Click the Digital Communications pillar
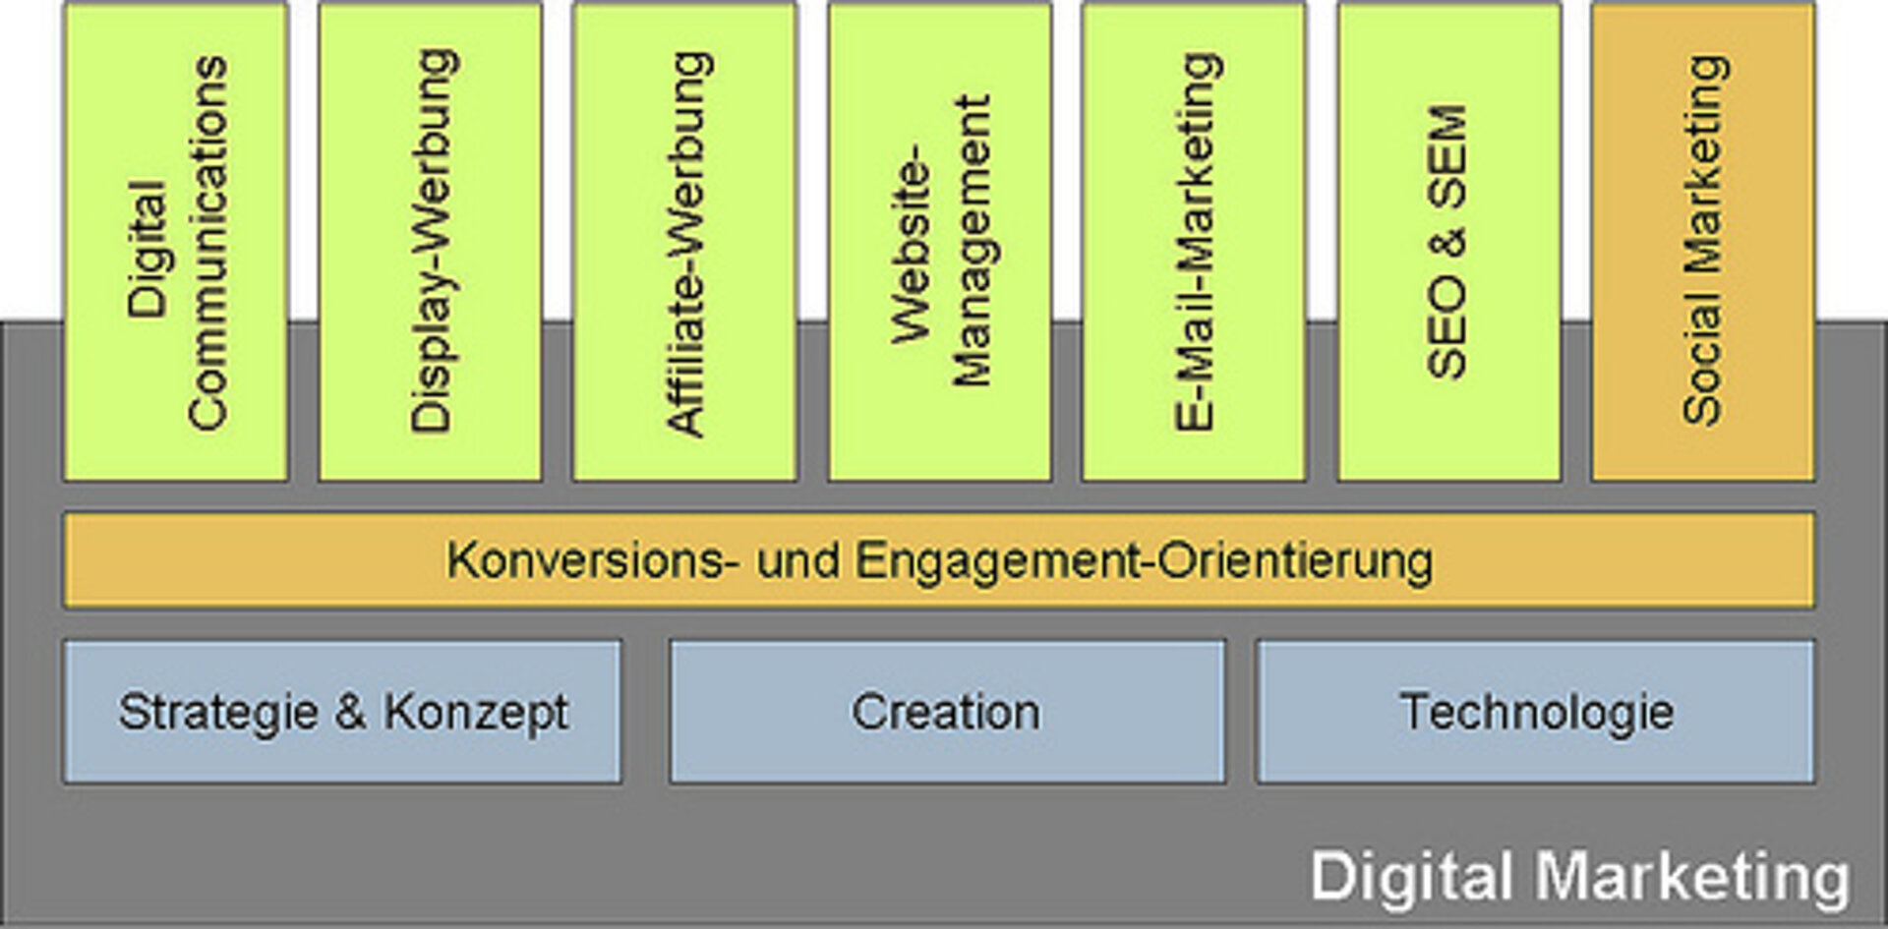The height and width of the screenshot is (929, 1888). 176,241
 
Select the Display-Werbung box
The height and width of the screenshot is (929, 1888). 431,241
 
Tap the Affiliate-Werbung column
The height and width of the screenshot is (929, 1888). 685,241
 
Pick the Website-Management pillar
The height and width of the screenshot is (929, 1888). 940,241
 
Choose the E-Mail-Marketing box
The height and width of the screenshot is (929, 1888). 1195,241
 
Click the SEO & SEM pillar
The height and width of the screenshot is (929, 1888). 1449,241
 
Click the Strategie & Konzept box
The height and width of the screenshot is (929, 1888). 342,712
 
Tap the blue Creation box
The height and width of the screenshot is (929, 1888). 948,712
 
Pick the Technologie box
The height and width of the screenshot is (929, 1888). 1536,712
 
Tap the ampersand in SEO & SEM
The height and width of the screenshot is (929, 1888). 1447,241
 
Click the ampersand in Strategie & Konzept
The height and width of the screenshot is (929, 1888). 350,711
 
